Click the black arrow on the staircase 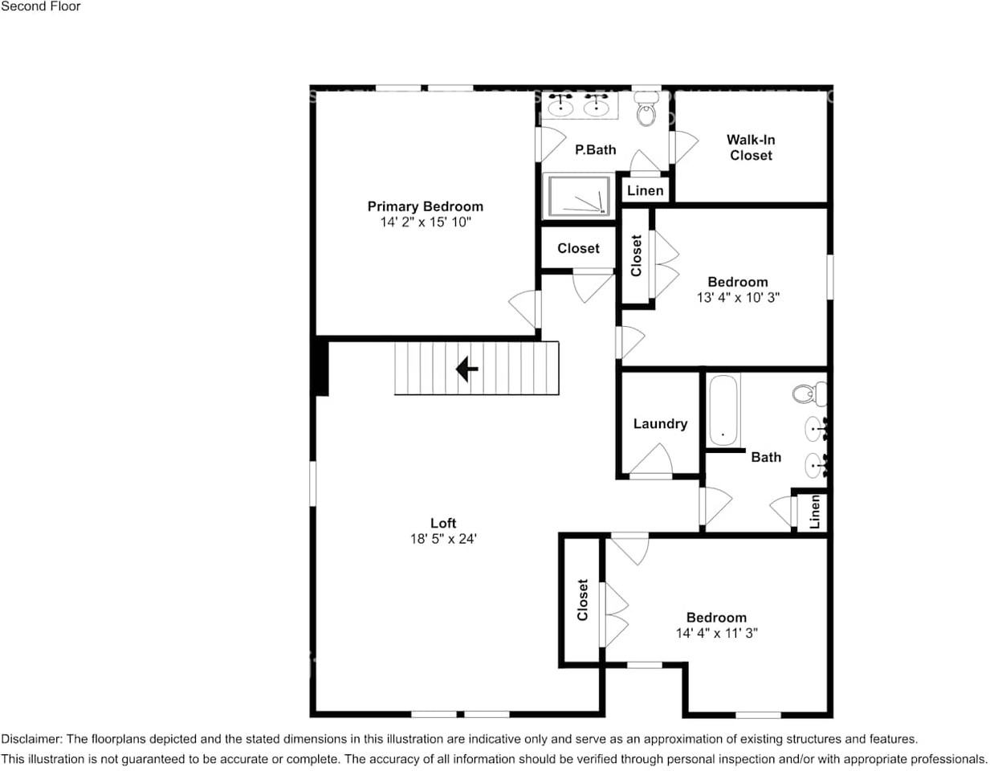pos(466,369)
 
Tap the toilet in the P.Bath pos(646,112)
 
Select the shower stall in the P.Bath pos(576,196)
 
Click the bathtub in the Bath pos(723,410)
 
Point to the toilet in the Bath pos(808,394)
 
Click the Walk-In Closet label pos(751,148)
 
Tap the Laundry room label pos(660,424)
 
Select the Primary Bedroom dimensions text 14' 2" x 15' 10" pos(425,222)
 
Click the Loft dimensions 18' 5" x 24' pos(443,539)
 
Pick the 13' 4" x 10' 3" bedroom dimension pos(738,297)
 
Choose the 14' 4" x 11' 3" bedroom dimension pos(716,633)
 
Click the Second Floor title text pos(41,6)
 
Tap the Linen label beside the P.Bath pos(645,190)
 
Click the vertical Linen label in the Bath pos(815,512)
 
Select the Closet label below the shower pos(578,248)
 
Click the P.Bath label pos(595,149)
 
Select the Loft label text pos(443,523)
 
